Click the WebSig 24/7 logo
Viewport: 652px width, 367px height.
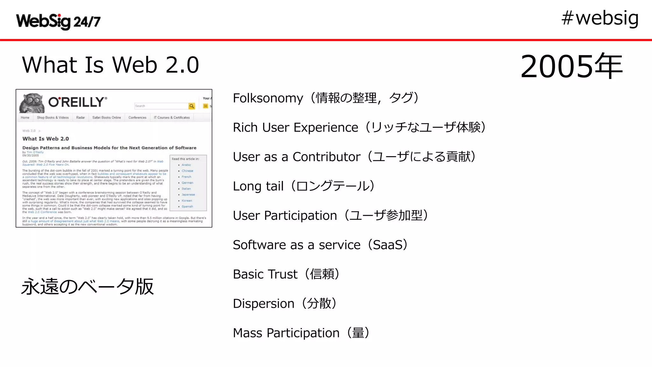[x=58, y=21]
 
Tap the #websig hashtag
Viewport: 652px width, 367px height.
[x=600, y=18]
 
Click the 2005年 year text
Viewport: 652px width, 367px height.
[x=571, y=66]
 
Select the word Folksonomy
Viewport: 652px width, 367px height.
[x=268, y=98]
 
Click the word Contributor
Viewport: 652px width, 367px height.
[x=326, y=157]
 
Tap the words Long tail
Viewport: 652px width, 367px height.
[x=258, y=186]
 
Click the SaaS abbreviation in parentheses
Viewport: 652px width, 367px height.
[x=387, y=245]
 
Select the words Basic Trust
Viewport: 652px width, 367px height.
[x=265, y=274]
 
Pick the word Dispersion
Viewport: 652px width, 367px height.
[x=263, y=304]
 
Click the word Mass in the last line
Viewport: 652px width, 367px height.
[x=247, y=333]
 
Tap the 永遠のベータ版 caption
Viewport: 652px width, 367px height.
[x=88, y=286]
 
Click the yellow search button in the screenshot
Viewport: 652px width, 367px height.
[x=192, y=106]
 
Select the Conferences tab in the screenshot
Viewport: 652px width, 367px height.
[x=137, y=118]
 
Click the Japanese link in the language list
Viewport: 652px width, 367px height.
[x=188, y=195]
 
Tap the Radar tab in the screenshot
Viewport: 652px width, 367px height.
[x=81, y=118]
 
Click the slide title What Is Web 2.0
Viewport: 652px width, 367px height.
[x=110, y=65]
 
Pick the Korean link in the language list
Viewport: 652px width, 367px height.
[x=187, y=201]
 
